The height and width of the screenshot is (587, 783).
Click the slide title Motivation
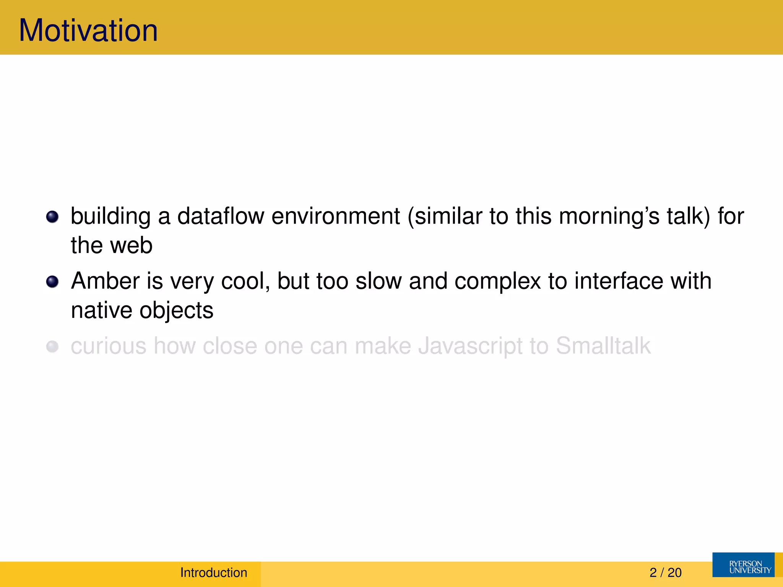click(88, 31)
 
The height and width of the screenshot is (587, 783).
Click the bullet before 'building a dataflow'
click(52, 217)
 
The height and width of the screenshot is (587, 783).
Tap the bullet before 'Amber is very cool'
click(52, 282)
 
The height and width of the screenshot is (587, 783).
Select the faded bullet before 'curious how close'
click(52, 347)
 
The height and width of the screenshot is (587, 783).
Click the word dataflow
click(221, 216)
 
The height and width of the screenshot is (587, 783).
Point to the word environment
click(336, 216)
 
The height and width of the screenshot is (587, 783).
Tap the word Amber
click(105, 281)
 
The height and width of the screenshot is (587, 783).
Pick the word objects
click(176, 311)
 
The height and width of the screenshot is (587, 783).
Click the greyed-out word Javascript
click(470, 346)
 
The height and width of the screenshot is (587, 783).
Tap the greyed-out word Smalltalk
click(603, 346)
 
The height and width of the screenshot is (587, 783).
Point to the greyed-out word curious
click(109, 346)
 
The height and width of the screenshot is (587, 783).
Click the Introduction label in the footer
click(214, 572)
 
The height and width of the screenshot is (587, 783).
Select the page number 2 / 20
click(665, 572)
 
